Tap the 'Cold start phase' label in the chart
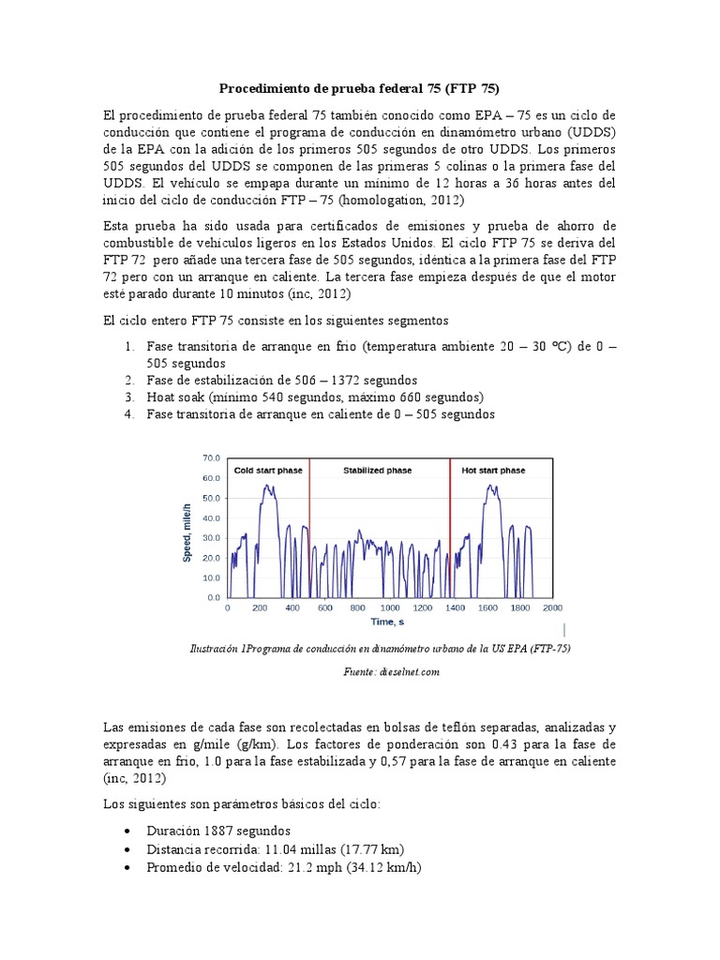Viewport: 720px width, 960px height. pos(268,470)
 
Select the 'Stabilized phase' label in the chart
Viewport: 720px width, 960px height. pos(377,470)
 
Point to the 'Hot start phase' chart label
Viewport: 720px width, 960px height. pos(493,470)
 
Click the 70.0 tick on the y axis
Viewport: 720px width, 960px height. pos(211,458)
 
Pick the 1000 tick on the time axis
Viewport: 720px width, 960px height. pos(390,607)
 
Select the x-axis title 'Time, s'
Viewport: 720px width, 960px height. pos(387,622)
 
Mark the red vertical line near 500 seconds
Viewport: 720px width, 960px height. pos(309,530)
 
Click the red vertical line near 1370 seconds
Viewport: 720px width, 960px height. pos(450,530)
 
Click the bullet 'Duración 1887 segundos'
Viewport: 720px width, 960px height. pos(218,831)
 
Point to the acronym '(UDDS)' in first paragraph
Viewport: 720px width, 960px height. pos(588,131)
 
